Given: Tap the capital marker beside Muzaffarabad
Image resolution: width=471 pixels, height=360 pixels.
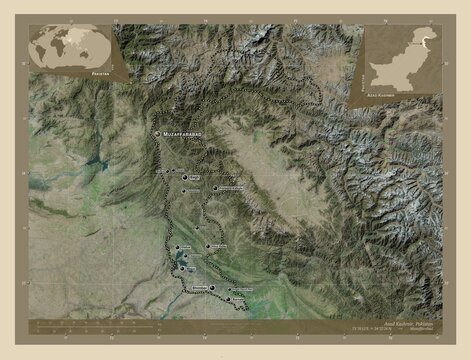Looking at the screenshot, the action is [x=155, y=132].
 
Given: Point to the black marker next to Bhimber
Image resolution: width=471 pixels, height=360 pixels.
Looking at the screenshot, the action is [x=212, y=288].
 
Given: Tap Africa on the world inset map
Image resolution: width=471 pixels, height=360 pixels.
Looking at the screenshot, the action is [x=62, y=46].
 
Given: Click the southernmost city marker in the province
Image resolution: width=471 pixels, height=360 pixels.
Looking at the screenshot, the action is [x=228, y=300].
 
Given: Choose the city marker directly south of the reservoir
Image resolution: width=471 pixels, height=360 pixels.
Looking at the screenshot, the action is [x=187, y=284].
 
